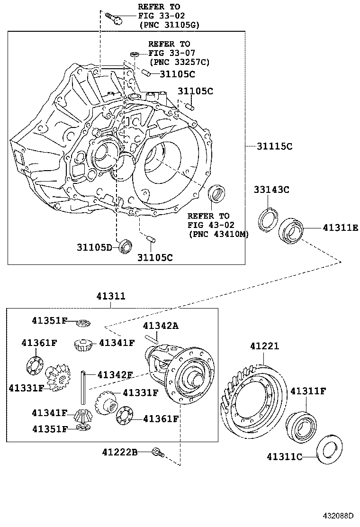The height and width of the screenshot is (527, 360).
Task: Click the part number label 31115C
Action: tap(275, 146)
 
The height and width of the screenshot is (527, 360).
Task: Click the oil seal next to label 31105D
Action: tap(126, 246)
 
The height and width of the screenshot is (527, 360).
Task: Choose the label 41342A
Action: tap(161, 326)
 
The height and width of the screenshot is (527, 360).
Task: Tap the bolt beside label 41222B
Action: tap(158, 453)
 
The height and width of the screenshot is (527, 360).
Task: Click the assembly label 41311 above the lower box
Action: tap(111, 297)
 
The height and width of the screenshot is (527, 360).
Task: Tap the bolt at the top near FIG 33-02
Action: tap(114, 18)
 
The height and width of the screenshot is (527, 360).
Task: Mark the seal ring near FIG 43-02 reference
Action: tap(216, 193)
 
